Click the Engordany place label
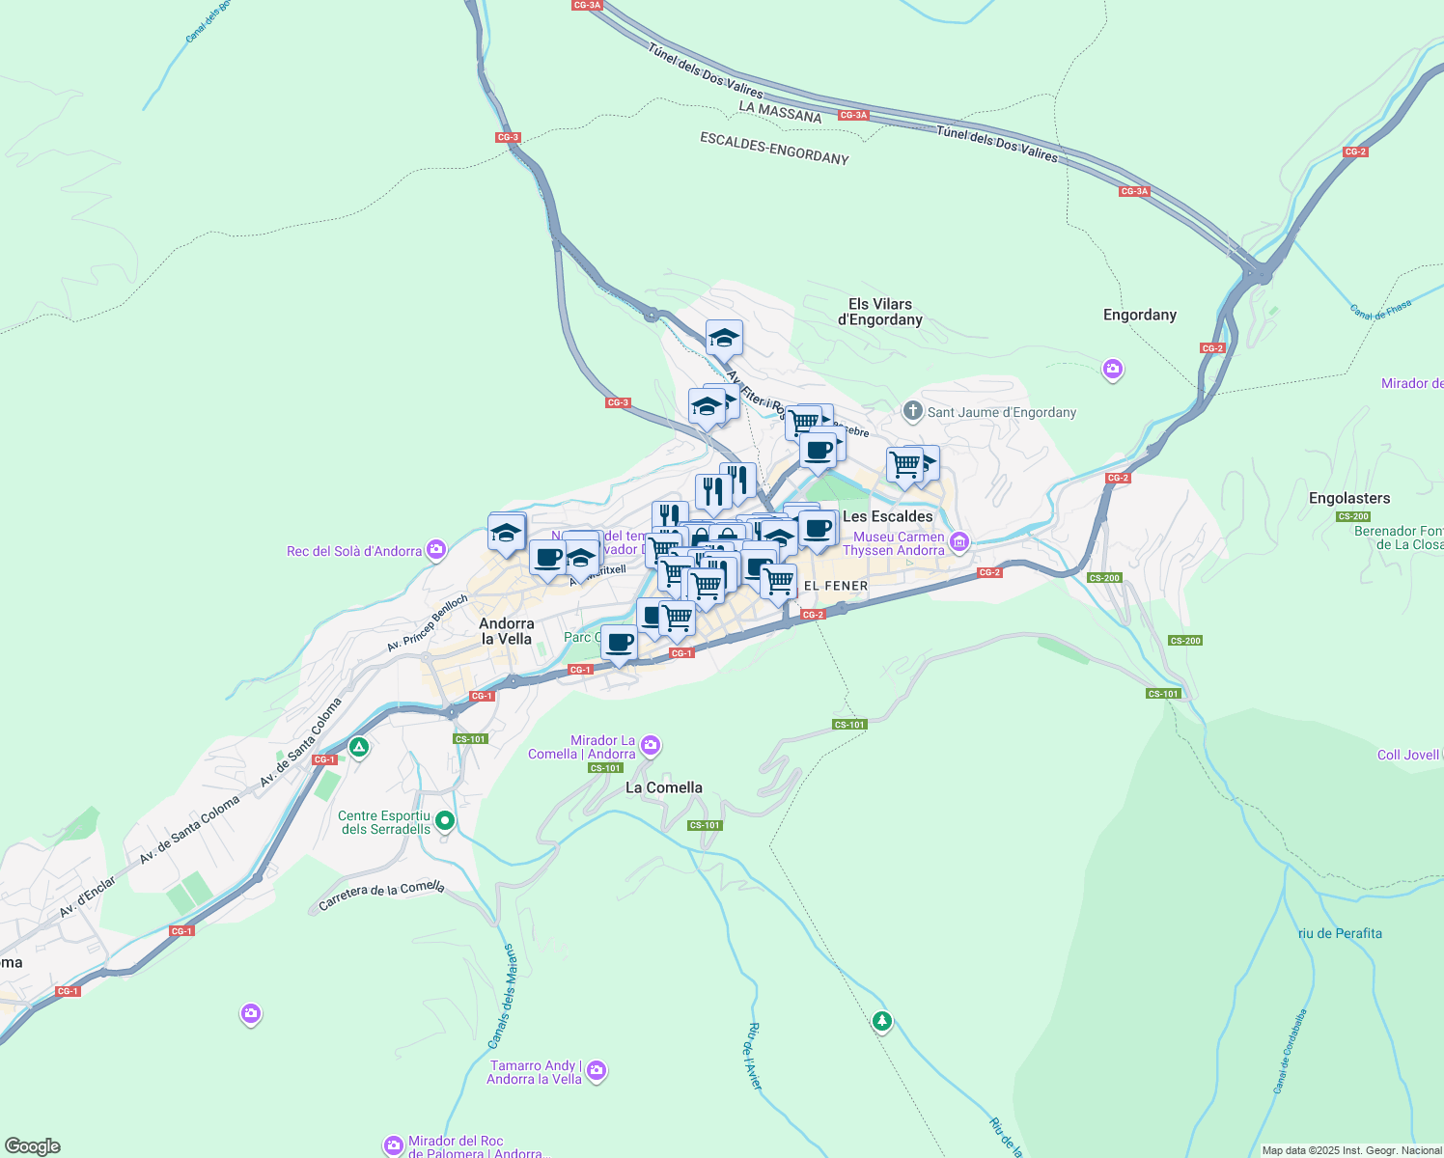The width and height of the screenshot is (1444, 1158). pos(1139,315)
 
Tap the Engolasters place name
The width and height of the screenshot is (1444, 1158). pos(1348,498)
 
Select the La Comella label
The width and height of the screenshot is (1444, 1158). pos(663,787)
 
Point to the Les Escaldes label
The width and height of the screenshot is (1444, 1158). pos(888,516)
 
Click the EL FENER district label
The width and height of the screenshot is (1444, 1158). pos(835,586)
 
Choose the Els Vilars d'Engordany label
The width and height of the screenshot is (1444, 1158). pos(879,312)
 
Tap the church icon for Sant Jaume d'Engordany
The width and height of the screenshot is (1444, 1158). pos(912,412)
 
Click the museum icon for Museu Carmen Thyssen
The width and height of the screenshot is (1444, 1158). pos(958,542)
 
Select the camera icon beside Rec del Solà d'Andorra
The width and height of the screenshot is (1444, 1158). pos(436,550)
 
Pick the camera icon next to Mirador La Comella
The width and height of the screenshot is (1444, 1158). pos(651,745)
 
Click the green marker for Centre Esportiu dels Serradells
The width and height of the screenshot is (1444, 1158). pos(444,821)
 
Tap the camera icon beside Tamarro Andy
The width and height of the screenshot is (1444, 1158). pos(597,1070)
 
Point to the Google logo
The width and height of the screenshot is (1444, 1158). pos(33,1146)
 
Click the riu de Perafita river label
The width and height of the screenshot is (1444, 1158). pos(1340,933)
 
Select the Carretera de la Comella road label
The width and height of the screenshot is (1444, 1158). pos(381,895)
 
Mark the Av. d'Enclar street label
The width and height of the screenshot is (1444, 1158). pos(87,897)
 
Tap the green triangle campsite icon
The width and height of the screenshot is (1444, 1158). pos(358,747)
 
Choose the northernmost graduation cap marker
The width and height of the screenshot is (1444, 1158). pos(723,339)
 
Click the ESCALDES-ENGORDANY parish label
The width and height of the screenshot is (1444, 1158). pos(774,149)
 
